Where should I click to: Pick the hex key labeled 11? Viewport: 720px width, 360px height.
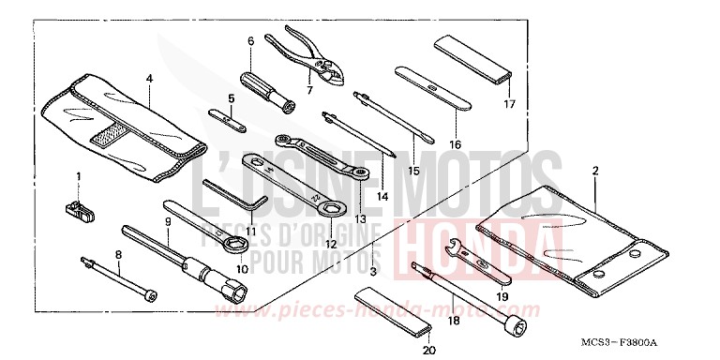pos(234,192)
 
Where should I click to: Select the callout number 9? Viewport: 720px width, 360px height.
pos(167,221)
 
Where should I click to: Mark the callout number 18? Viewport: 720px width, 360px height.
pos(453,320)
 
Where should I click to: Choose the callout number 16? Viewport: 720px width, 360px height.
pos(455,144)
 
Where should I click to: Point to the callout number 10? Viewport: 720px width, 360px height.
pos(241,268)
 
